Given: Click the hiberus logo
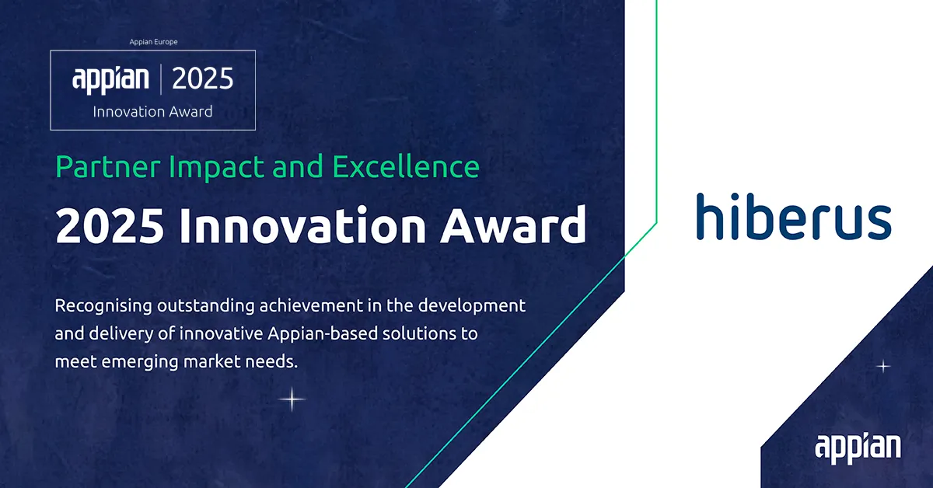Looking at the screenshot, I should click(x=793, y=217).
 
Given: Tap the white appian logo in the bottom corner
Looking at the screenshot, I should click(x=858, y=448).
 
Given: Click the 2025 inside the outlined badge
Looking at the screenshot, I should click(x=202, y=79).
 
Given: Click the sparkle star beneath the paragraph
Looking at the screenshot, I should click(x=292, y=399).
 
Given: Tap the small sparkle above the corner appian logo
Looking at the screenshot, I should click(x=882, y=366).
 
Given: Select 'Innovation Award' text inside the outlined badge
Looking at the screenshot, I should click(x=152, y=111).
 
